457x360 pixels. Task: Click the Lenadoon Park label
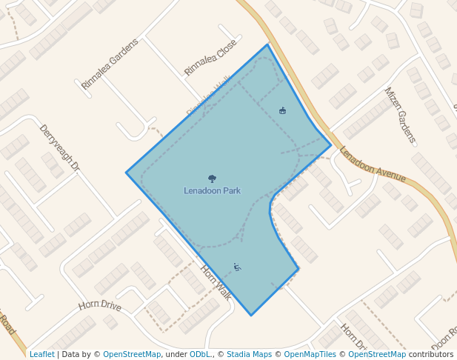(x=212, y=190)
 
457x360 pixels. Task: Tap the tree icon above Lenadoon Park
(x=212, y=179)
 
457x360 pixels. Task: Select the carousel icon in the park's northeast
(x=282, y=110)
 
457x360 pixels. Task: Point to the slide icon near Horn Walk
(x=237, y=267)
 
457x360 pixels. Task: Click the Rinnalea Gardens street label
(x=110, y=64)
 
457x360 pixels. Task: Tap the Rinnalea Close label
(x=210, y=57)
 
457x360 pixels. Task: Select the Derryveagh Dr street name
(x=59, y=148)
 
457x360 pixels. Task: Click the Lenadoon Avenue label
(x=373, y=164)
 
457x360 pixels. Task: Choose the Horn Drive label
(x=99, y=305)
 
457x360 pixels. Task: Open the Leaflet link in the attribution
(x=41, y=354)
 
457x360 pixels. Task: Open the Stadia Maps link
(x=249, y=354)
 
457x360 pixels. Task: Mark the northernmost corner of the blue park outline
(x=267, y=45)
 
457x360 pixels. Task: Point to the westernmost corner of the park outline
(x=127, y=173)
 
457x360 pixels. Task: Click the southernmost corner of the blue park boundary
(x=251, y=316)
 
